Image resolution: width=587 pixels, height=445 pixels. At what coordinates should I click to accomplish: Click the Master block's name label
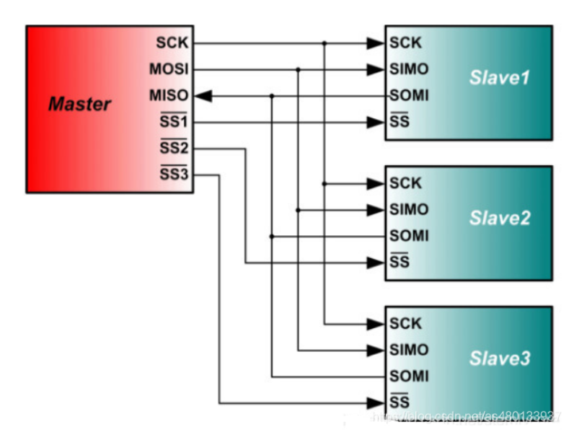pos(79,104)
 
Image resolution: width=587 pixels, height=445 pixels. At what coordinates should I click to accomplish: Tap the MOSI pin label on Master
pos(169,69)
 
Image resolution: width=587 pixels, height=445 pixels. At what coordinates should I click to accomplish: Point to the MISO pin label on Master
pos(169,95)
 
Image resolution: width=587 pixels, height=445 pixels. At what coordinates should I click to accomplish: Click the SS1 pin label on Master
pos(173,122)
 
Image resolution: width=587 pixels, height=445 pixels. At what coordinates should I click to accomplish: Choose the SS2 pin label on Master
pos(173,149)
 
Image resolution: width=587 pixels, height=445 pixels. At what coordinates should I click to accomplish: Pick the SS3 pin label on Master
pos(173,175)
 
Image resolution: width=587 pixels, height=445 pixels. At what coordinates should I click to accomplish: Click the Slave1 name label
pos(499,77)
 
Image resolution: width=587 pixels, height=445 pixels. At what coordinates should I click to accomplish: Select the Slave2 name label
pos(499,218)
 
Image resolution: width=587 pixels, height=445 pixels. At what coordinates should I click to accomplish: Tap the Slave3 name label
pos(499,358)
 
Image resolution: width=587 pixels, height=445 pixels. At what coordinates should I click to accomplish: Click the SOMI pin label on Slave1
pos(409,95)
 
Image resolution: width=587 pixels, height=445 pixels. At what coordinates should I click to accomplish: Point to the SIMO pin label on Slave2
pos(409,210)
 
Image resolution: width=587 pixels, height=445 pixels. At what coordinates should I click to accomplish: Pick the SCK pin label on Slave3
pos(405,324)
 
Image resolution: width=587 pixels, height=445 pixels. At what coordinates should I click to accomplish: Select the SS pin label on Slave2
pos(400,263)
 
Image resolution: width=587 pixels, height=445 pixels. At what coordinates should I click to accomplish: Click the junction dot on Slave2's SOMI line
pos(272,236)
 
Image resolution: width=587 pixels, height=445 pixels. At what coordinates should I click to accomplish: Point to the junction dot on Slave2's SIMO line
pos(298,210)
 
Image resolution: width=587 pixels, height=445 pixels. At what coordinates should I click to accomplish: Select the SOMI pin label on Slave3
pos(409,376)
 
